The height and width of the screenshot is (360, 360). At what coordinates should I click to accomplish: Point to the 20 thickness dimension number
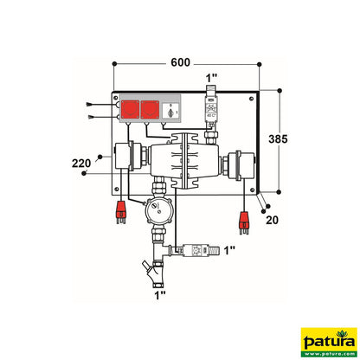[270, 220]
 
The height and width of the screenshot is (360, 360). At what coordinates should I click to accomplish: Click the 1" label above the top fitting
[212, 80]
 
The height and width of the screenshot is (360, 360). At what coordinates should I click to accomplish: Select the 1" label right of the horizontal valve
[228, 251]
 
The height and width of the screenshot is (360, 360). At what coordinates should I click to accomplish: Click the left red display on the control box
[132, 112]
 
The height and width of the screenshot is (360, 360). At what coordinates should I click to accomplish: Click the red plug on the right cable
[246, 222]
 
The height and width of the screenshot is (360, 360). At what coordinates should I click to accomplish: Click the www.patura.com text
[328, 351]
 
